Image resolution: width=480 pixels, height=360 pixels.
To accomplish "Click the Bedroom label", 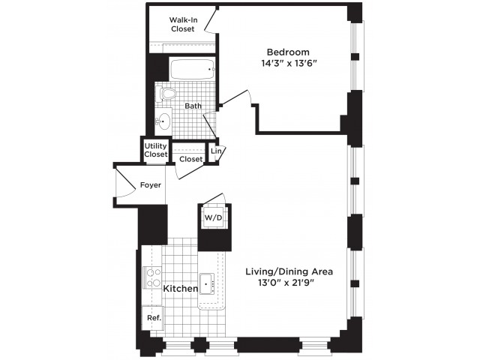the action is (288, 52).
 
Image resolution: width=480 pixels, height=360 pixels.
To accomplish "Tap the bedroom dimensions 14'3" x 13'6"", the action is (288, 63).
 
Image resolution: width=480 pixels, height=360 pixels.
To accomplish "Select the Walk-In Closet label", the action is (183, 25).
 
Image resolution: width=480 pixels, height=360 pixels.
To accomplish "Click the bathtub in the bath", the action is (192, 69).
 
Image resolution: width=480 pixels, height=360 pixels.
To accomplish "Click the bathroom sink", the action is (163, 121).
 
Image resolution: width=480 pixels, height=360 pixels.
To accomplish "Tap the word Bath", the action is (193, 106).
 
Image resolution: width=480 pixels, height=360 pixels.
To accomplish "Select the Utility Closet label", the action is (156, 150).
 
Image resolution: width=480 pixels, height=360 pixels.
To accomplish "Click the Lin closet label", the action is (216, 151).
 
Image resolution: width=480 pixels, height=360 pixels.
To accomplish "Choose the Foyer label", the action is (151, 185).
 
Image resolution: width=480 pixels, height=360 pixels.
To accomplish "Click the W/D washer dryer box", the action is (213, 217).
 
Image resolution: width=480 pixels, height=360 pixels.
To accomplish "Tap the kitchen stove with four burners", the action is (152, 277).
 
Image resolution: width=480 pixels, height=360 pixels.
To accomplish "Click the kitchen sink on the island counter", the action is (207, 284).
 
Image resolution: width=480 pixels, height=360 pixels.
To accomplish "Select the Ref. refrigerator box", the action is (153, 318).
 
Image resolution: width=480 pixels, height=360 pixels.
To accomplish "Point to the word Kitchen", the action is (181, 288).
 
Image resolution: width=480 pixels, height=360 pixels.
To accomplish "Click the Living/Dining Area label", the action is (289, 271).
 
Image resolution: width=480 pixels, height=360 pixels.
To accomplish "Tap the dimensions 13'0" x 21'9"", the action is (286, 283).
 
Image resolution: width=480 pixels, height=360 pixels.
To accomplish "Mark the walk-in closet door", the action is (211, 21).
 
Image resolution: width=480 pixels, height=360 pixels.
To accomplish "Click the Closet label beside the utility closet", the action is (191, 159).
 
